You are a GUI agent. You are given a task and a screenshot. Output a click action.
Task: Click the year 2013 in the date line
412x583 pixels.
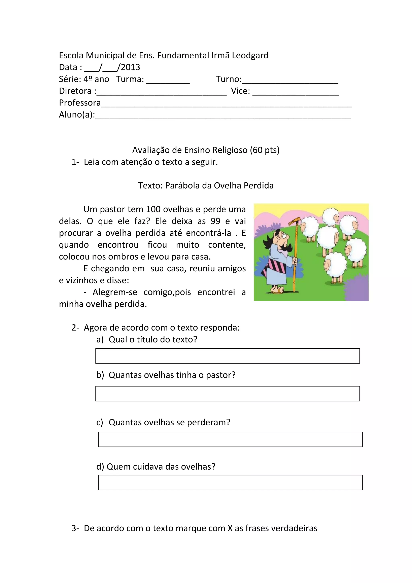point(130,67)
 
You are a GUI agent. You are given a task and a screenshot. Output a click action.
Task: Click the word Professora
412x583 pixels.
point(80,103)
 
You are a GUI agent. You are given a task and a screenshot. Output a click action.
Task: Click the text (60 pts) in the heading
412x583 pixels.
point(265,150)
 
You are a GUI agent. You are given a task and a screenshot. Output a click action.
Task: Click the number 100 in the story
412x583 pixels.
point(153,209)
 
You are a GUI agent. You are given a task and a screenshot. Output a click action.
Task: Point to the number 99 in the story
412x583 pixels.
point(215,221)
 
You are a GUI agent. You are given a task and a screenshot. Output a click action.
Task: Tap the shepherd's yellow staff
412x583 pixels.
point(295,254)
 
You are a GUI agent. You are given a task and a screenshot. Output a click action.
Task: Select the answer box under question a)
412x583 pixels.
point(227,356)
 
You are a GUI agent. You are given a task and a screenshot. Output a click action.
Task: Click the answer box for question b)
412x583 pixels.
point(227,394)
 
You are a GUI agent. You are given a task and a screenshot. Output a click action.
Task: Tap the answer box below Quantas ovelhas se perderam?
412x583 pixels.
point(230,439)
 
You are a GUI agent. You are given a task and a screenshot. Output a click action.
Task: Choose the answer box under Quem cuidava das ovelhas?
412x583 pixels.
point(230,483)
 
